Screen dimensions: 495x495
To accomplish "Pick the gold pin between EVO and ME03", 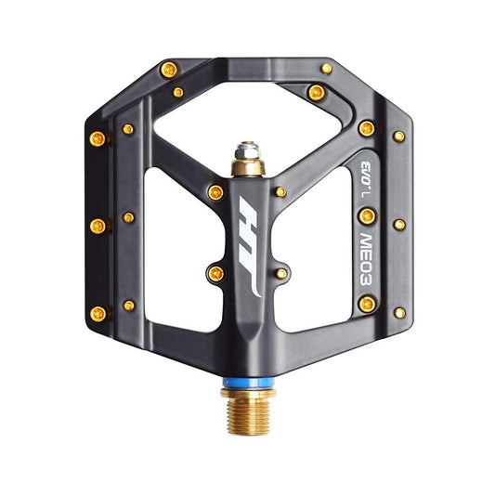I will [x=367, y=216].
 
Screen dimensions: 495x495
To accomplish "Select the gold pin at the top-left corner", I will [x=168, y=70].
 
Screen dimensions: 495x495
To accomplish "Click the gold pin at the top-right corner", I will [x=326, y=68].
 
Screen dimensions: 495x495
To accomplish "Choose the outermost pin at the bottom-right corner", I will [x=398, y=313].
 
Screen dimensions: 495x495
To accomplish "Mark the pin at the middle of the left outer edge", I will [x=96, y=225].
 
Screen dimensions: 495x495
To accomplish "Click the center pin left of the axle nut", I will [x=215, y=192].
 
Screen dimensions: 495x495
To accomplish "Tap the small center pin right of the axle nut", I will [x=280, y=192].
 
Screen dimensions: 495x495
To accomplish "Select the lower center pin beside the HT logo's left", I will [x=215, y=272].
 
